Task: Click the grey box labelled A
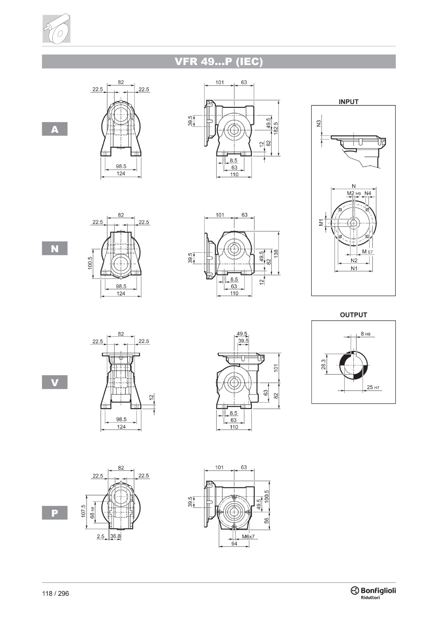pyautogui.click(x=55, y=129)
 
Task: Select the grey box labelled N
pyautogui.click(x=55, y=248)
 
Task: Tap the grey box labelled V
pyautogui.click(x=55, y=382)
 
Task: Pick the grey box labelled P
pyautogui.click(x=55, y=513)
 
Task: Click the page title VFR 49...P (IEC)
pyautogui.click(x=219, y=61)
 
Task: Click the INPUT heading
pyautogui.click(x=348, y=102)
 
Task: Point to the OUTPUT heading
pyautogui.click(x=353, y=315)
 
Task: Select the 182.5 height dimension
pyautogui.click(x=276, y=128)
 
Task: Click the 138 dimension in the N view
pyautogui.click(x=276, y=253)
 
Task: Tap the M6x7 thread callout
pyautogui.click(x=248, y=537)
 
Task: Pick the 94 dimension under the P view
pyautogui.click(x=234, y=544)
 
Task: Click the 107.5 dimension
pyautogui.click(x=83, y=511)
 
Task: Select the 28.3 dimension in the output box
pyautogui.click(x=323, y=364)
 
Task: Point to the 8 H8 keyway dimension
pyautogui.click(x=366, y=334)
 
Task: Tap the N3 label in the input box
pyautogui.click(x=319, y=123)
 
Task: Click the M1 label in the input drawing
pyautogui.click(x=321, y=222)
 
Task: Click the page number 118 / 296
pyautogui.click(x=55, y=594)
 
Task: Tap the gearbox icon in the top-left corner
pyautogui.click(x=56, y=28)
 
